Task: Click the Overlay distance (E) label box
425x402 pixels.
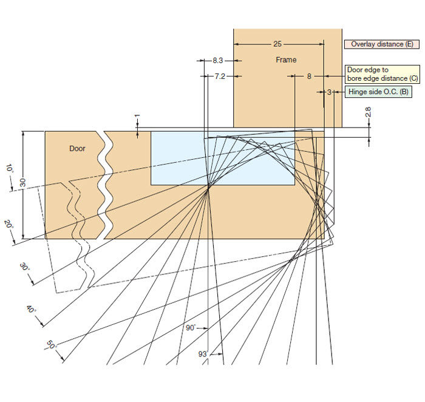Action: click(x=382, y=44)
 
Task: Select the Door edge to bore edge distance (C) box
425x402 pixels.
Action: click(x=382, y=74)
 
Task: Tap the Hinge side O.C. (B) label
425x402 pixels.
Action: click(x=378, y=92)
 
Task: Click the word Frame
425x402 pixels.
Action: click(x=286, y=60)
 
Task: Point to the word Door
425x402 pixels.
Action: click(x=77, y=149)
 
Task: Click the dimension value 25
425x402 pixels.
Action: click(x=277, y=44)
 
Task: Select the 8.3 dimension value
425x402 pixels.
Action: click(x=217, y=61)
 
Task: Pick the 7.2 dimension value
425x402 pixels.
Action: click(x=220, y=77)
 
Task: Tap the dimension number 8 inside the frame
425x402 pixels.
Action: click(x=309, y=77)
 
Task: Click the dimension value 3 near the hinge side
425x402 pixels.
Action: click(x=329, y=92)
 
